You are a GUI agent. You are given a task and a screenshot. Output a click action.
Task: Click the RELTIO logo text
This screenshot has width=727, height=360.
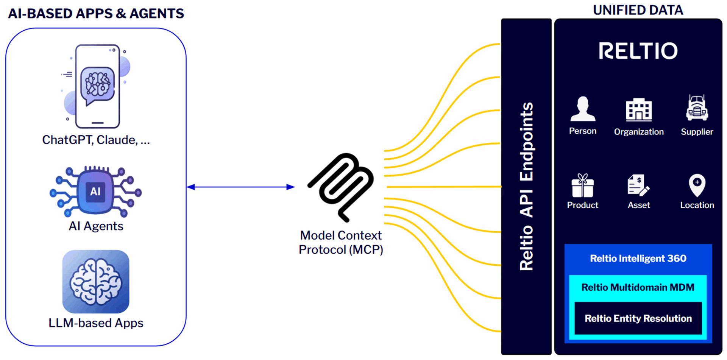pyautogui.click(x=638, y=51)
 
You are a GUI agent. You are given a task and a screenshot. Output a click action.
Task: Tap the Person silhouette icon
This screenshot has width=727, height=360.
pyautogui.click(x=583, y=109)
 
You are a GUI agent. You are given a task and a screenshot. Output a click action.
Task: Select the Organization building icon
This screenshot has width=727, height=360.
pyautogui.click(x=639, y=110)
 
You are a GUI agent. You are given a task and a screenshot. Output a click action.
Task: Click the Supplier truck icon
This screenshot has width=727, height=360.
pyautogui.click(x=697, y=108)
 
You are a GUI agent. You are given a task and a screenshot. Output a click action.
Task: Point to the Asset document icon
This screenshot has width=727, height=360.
pyautogui.click(x=638, y=185)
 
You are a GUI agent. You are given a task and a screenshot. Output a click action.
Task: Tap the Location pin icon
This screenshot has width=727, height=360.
pyautogui.click(x=697, y=185)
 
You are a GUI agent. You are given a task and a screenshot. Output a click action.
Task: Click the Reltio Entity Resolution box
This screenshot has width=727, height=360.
pyautogui.click(x=638, y=318)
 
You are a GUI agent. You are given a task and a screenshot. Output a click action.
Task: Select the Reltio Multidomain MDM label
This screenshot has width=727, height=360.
pyautogui.click(x=638, y=287)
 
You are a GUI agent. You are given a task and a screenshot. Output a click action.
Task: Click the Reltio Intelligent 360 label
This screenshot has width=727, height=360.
pyautogui.click(x=638, y=259)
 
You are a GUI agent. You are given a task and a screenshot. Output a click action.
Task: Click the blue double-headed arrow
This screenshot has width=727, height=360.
pyautogui.click(x=241, y=187)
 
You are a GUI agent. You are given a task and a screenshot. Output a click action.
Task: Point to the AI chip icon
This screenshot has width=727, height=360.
pyautogui.click(x=96, y=191)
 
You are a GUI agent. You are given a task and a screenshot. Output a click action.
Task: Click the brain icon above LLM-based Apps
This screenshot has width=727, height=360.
pyautogui.click(x=96, y=281)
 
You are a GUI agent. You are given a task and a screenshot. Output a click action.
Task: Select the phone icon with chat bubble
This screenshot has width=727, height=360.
pyautogui.click(x=97, y=87)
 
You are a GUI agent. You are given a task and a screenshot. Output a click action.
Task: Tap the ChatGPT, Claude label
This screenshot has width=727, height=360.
pyautogui.click(x=96, y=140)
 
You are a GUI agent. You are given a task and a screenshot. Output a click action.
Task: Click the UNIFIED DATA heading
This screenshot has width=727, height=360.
pyautogui.click(x=638, y=10)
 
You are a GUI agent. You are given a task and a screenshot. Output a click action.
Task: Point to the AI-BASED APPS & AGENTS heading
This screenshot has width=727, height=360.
pyautogui.click(x=96, y=14)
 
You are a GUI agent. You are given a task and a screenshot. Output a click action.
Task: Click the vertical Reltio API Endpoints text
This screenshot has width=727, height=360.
pyautogui.click(x=526, y=186)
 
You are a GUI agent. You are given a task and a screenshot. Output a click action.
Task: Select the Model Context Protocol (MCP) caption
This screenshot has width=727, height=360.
pyautogui.click(x=341, y=243)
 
